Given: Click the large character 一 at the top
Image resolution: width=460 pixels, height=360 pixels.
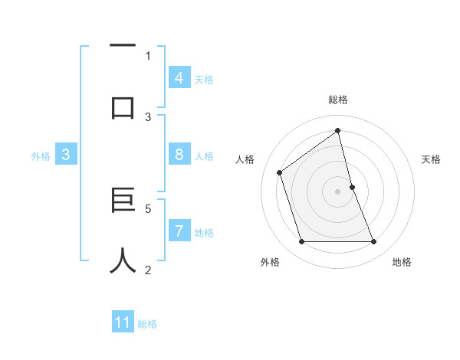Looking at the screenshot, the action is click(123, 47).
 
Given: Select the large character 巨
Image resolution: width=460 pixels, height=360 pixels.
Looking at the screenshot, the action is click(123, 201).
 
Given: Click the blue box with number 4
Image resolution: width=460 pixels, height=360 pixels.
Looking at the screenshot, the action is click(179, 78).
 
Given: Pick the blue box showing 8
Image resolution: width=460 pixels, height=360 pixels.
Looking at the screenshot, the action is click(179, 155).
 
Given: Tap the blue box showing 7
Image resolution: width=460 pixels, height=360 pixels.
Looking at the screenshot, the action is click(179, 231).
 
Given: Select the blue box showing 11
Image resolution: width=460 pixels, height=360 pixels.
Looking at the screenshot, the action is click(123, 322).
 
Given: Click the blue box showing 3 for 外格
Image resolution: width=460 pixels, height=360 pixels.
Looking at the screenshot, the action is click(66, 155).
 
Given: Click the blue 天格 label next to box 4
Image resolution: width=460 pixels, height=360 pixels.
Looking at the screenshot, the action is click(204, 80).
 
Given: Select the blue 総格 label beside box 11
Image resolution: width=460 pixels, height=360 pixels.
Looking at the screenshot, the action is click(147, 324).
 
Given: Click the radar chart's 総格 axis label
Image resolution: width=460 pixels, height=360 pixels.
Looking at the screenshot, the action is click(338, 100).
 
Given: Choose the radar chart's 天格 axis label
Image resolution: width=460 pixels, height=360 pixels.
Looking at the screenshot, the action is click(432, 159).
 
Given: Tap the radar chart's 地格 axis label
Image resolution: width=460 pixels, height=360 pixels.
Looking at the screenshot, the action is click(402, 262).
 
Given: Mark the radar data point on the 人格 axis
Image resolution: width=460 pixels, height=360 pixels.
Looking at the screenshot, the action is click(280, 172).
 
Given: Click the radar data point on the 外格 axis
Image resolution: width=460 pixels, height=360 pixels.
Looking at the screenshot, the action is click(301, 242).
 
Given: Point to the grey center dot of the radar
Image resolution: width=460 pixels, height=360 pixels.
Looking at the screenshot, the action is click(338, 191).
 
